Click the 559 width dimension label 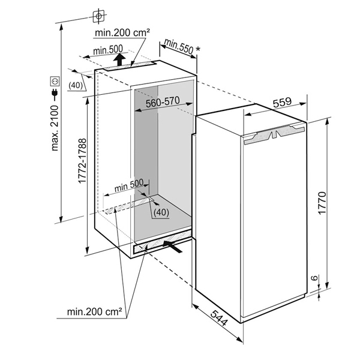click(282, 103)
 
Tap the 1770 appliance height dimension click(322, 203)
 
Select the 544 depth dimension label click(219, 318)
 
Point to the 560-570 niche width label click(163, 102)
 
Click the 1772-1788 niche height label click(82, 161)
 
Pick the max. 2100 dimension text click(55, 128)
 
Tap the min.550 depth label click(179, 47)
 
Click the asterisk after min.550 click(197, 49)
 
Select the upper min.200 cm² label click(122, 32)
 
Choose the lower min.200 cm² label click(94, 312)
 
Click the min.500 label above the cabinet click(108, 50)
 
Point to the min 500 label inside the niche click(129, 185)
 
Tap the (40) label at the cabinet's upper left click(76, 85)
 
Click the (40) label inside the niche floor click(161, 212)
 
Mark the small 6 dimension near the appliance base click(315, 278)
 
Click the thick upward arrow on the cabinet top click(119, 59)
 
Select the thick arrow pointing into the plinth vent click(172, 246)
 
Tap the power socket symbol click(55, 81)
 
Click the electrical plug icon click(55, 95)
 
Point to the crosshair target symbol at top click(99, 16)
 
